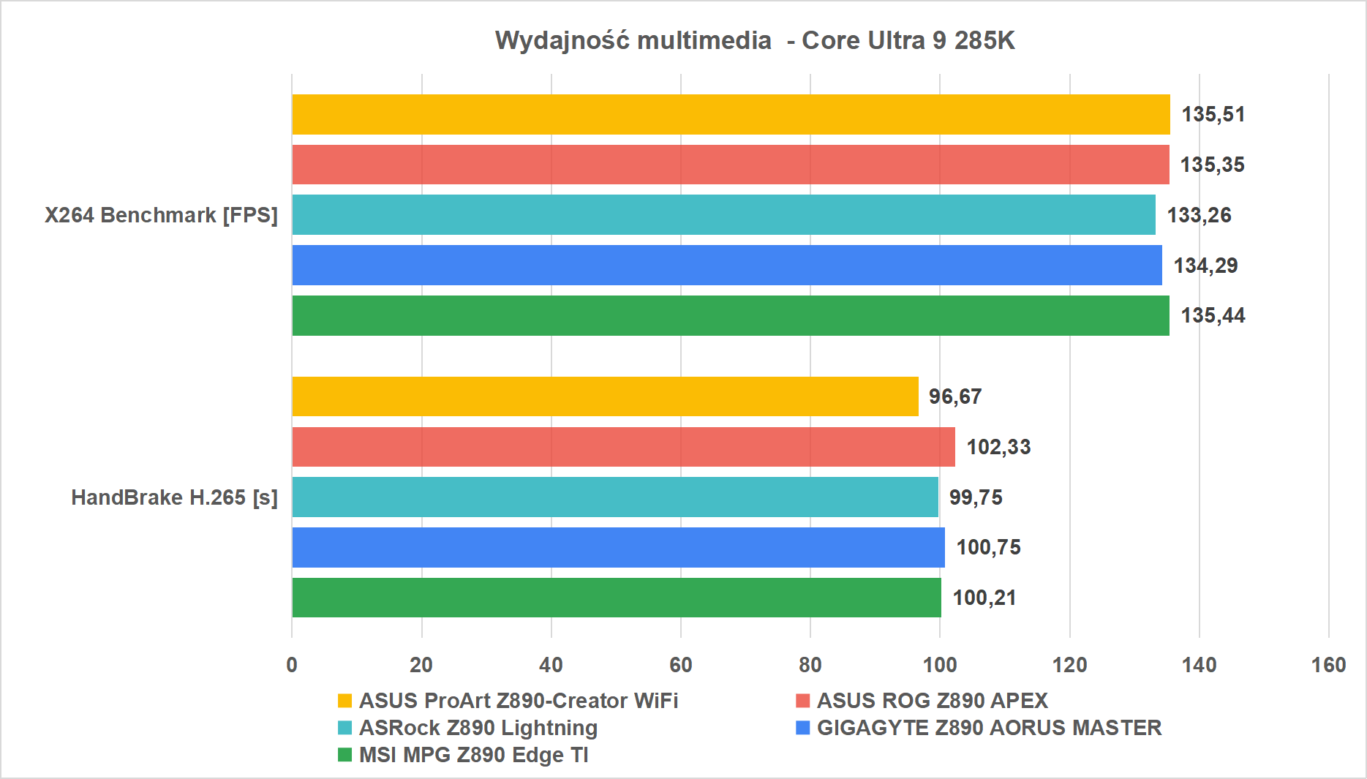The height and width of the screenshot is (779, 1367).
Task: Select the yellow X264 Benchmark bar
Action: point(731,114)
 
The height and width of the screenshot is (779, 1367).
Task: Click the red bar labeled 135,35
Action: point(731,165)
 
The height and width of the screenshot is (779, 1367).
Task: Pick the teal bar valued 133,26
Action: point(723,215)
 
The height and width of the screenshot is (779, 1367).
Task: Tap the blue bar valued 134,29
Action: point(727,265)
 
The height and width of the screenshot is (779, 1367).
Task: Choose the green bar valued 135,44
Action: point(731,315)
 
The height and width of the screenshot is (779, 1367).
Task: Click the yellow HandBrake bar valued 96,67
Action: point(605,396)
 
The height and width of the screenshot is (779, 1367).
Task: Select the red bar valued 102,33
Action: point(623,447)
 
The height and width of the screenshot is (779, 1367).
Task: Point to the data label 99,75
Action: point(976,497)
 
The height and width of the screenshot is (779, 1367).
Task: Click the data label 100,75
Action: point(988,547)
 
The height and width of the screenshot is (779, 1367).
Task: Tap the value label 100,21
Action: point(984,598)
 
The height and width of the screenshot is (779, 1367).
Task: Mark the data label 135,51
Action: point(1213,114)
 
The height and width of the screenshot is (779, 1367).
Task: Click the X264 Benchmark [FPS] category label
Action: point(161,215)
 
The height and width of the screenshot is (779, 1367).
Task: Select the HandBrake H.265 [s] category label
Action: point(174,497)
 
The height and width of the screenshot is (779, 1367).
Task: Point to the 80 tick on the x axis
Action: point(810,665)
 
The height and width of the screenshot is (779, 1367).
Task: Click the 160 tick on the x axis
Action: point(1328,665)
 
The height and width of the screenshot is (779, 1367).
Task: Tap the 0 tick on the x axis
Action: point(292,665)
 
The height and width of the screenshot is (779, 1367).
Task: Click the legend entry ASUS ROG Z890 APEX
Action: point(932,701)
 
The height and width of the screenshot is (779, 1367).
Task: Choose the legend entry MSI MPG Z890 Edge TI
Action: point(473,755)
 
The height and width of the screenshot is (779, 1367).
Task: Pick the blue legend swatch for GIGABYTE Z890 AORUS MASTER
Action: point(802,728)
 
